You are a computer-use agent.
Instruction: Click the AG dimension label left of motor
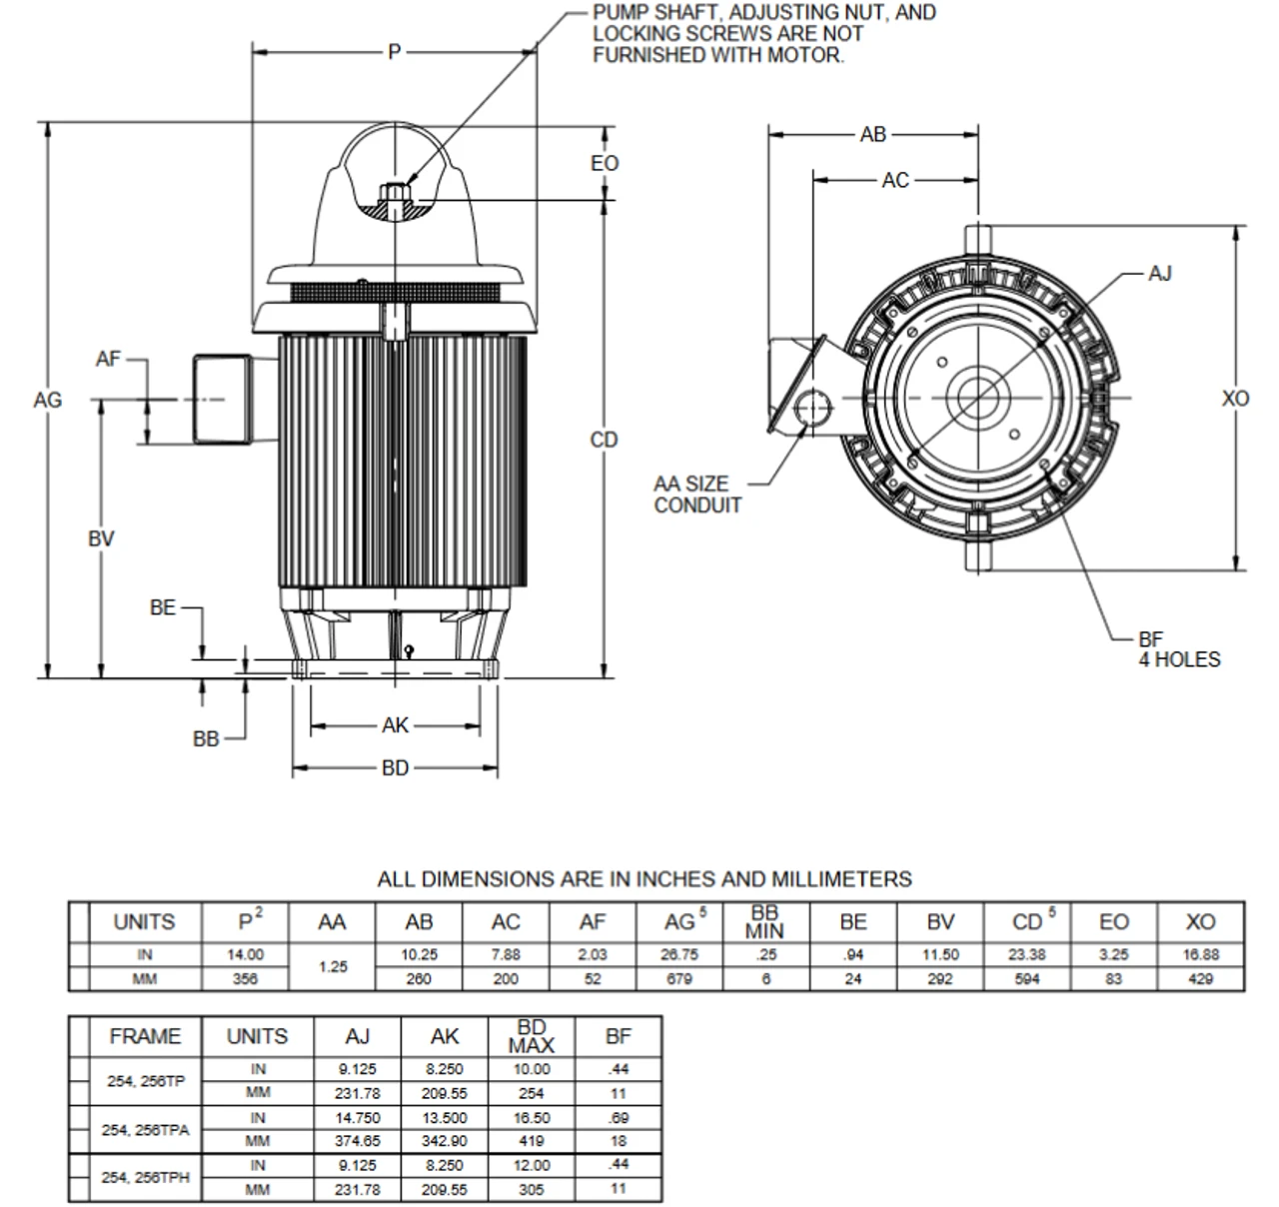[47, 400]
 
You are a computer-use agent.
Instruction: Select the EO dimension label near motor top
[605, 163]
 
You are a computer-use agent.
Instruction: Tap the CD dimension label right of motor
[605, 440]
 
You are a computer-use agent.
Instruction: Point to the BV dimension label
[101, 539]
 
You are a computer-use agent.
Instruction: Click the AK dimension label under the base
[396, 725]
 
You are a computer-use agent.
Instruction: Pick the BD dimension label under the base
[396, 768]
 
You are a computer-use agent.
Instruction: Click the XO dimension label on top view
[1236, 399]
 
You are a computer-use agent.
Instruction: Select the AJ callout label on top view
[1159, 273]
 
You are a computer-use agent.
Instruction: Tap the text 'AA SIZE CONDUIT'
[697, 495]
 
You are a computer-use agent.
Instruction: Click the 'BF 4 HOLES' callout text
[1178, 649]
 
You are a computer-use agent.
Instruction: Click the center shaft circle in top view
[978, 397]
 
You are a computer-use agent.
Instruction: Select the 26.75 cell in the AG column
[679, 955]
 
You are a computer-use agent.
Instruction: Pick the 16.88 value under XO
[1200, 955]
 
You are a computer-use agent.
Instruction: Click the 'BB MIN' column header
[765, 922]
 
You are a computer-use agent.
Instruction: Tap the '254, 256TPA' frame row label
[145, 1130]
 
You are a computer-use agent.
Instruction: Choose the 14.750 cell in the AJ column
[358, 1118]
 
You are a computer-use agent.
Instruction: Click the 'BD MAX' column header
[532, 1036]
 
